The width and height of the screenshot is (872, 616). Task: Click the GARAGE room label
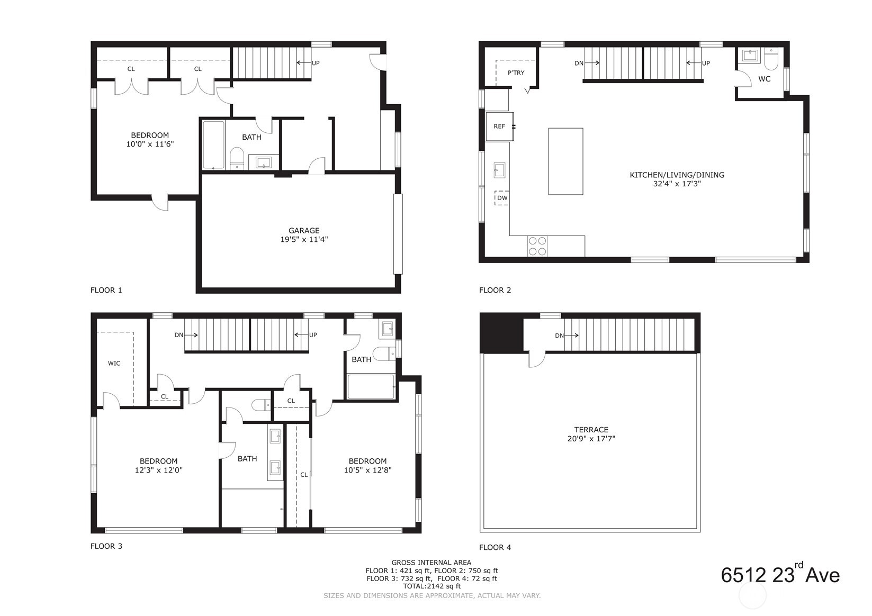[304, 231]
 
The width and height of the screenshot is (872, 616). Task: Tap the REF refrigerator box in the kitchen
[499, 126]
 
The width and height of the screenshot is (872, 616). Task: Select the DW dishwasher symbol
[502, 198]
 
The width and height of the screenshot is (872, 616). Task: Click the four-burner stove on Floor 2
[537, 246]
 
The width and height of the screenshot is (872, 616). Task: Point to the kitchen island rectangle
[565, 161]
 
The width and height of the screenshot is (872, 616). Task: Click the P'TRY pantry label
[516, 73]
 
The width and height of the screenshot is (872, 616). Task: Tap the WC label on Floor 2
[764, 79]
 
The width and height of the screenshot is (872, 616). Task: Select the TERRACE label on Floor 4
[591, 430]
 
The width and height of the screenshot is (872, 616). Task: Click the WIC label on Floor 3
[114, 363]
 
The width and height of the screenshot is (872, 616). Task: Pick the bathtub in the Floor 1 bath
[213, 144]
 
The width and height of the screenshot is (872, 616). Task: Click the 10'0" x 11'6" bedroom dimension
[150, 144]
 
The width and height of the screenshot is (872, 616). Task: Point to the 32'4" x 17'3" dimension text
[677, 184]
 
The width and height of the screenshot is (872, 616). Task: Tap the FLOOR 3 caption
[106, 546]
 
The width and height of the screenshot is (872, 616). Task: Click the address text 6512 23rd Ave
[780, 575]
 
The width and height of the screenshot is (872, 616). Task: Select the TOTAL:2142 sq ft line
[431, 586]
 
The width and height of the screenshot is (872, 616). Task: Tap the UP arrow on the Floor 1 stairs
[308, 63]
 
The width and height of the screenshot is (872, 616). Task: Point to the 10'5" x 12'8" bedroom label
[367, 470]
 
